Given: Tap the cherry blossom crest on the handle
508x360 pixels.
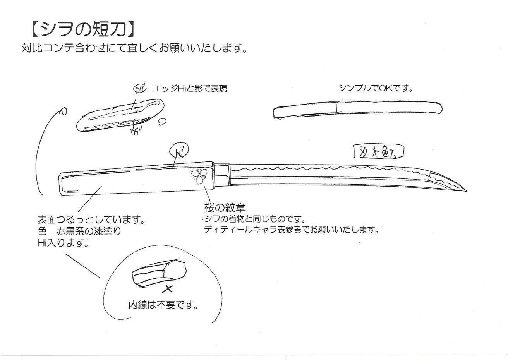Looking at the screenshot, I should pyautogui.click(x=199, y=177).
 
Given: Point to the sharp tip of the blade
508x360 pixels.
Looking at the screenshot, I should pyautogui.click(x=465, y=190).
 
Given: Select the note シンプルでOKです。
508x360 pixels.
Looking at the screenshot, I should pyautogui.click(x=376, y=88).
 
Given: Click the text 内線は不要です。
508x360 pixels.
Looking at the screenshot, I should pyautogui.click(x=163, y=305).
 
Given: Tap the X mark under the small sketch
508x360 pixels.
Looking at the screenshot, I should pyautogui.click(x=167, y=288).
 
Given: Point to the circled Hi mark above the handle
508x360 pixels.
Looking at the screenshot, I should pyautogui.click(x=179, y=152).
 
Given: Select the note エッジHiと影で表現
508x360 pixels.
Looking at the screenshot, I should pyautogui.click(x=190, y=89).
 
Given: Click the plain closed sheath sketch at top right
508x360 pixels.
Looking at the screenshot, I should pyautogui.click(x=357, y=109).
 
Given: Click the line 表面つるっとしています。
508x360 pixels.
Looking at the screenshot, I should pyautogui.click(x=91, y=220).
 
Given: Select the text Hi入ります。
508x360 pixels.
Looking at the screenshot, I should pyautogui.click(x=62, y=243).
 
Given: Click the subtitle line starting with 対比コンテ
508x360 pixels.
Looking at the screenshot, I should pyautogui.click(x=134, y=49).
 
